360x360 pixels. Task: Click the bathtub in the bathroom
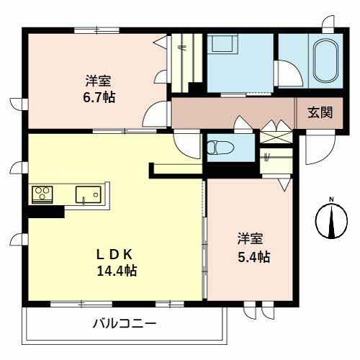click(325, 61)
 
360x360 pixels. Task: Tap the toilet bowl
click(219, 148)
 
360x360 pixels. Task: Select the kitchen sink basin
click(89, 194)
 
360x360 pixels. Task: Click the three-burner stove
click(42, 194)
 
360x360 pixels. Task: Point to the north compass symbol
click(331, 221)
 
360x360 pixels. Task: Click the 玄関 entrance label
click(320, 112)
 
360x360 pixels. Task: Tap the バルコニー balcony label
click(125, 324)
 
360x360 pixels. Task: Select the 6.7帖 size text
click(99, 97)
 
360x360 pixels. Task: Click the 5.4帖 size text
click(254, 257)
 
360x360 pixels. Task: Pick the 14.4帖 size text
click(117, 271)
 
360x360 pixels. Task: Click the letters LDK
click(114, 254)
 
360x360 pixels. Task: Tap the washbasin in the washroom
click(222, 43)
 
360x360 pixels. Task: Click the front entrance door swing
click(320, 147)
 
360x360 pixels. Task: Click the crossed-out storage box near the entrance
click(276, 137)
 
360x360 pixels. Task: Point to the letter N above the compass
click(331, 199)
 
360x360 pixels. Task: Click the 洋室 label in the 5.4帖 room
click(250, 238)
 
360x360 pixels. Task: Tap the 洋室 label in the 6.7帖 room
click(99, 81)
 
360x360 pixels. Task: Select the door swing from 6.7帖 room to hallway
click(156, 114)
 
